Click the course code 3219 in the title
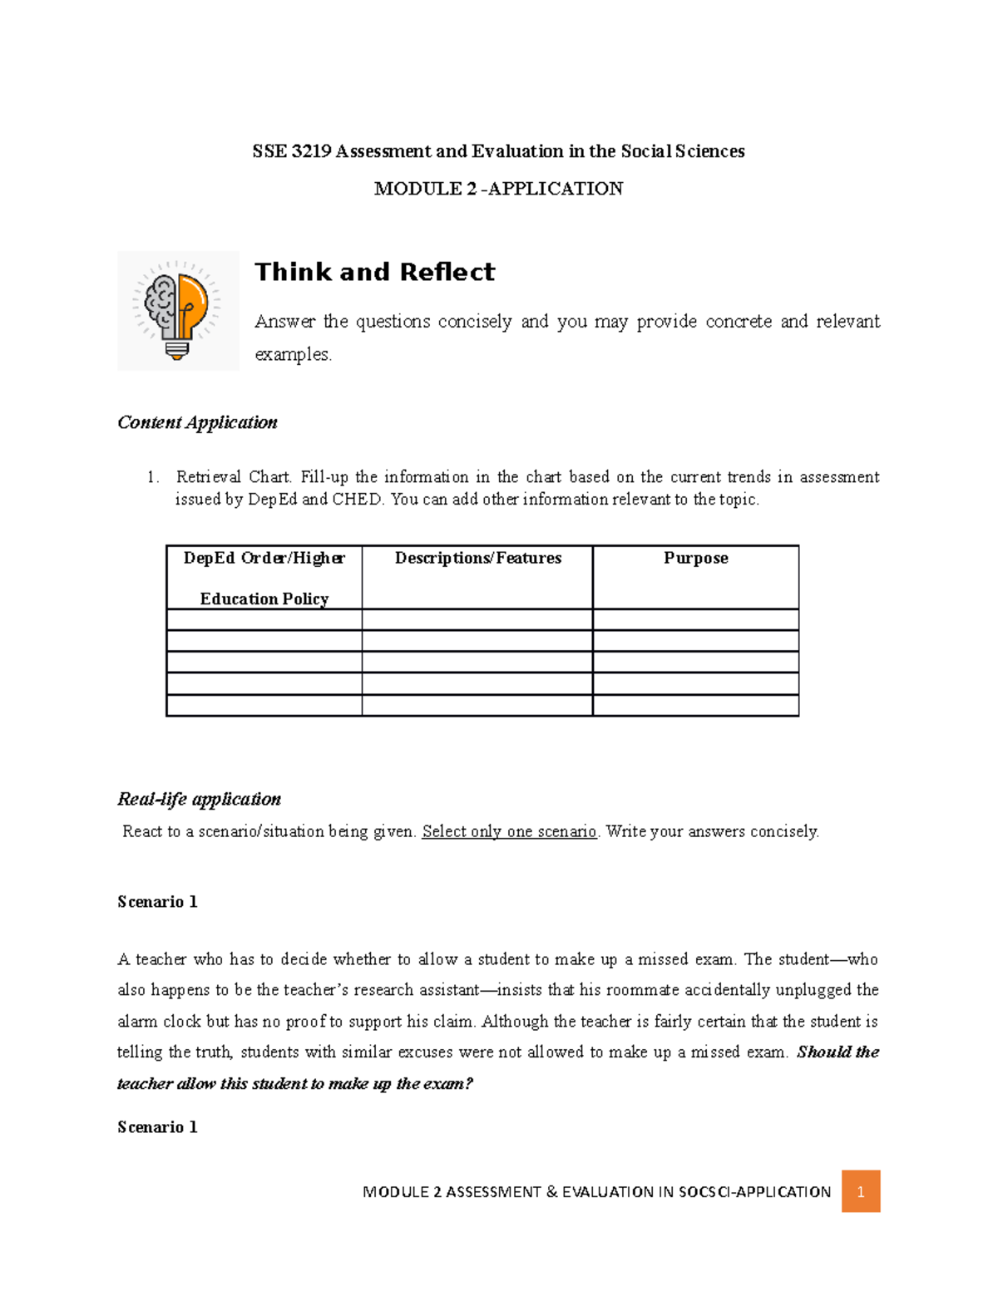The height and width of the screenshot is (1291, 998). (x=312, y=151)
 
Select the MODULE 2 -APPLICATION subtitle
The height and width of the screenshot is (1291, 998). (x=498, y=189)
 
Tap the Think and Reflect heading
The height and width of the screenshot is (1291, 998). (x=374, y=272)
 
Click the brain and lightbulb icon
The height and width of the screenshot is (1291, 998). (x=178, y=310)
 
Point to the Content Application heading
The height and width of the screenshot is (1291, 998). (x=197, y=422)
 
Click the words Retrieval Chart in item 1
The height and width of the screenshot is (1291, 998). (x=233, y=477)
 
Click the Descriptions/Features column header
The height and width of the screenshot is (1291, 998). (x=477, y=558)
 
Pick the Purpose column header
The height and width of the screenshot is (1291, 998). (x=695, y=558)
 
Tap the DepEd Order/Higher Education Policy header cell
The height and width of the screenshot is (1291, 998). (x=264, y=578)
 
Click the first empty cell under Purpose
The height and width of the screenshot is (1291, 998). (x=695, y=619)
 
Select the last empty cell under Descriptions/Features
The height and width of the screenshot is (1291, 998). (x=477, y=706)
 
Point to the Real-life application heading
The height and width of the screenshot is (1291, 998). (x=199, y=799)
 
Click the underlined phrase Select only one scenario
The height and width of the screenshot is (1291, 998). (x=509, y=831)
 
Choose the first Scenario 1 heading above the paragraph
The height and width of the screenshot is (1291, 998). (x=157, y=902)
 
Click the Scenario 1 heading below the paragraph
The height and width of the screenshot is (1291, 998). (x=157, y=1127)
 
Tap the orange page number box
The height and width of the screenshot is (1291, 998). (x=860, y=1191)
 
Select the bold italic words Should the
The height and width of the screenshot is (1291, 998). (x=837, y=1052)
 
